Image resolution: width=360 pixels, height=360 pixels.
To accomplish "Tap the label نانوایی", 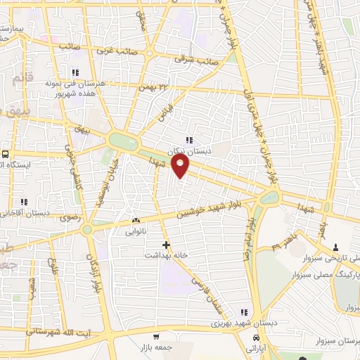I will click(137, 231).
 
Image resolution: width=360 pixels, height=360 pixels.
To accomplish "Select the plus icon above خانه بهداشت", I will click(166, 245).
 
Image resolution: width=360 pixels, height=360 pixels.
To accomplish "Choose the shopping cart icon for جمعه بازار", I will click(155, 337).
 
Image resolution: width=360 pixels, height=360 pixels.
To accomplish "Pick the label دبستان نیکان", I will click(188, 150).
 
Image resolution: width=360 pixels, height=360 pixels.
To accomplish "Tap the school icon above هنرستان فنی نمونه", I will click(75, 72).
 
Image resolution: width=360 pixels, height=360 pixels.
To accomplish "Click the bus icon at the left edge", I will click(6, 154).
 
